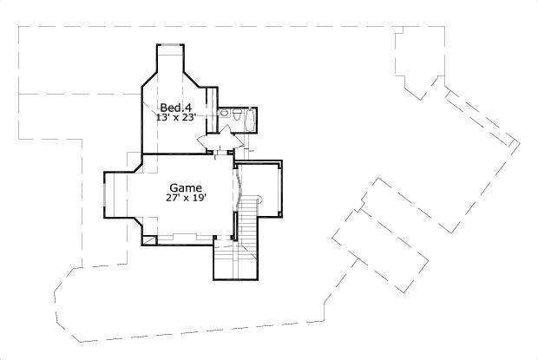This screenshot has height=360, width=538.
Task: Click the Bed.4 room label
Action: (x=176, y=107)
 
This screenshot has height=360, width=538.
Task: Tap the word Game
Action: (x=186, y=187)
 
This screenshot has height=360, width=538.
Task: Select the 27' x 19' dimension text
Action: (x=186, y=199)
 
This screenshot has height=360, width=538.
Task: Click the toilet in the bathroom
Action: (x=223, y=113)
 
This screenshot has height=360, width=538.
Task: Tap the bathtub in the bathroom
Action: (x=251, y=119)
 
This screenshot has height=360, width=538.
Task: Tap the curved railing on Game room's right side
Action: (x=238, y=187)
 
